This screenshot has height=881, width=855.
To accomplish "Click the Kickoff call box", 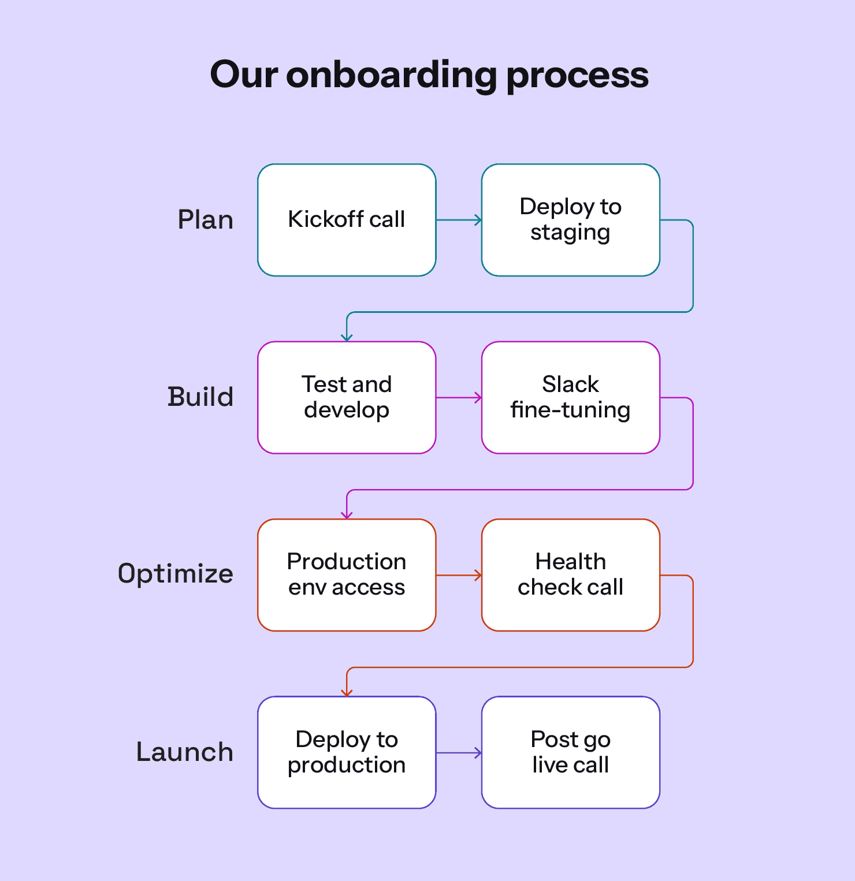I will pos(347,220).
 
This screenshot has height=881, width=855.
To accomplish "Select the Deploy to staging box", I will pos(570,220).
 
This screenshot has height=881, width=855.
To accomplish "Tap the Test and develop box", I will pos(347,397).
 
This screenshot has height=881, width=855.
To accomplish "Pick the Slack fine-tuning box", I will pos(570,397).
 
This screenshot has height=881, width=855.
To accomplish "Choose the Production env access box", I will pos(347,574).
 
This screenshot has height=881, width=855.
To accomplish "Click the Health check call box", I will pos(570,574).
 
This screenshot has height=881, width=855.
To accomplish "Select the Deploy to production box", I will pos(347,752).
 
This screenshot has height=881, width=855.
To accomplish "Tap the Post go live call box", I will pos(570,752).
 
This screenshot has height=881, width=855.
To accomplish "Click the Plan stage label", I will pos(205,220).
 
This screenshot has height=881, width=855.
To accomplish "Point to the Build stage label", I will pos(200,397).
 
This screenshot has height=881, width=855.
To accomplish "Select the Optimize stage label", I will pos(176,574).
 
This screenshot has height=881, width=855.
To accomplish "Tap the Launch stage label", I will pos(185,752).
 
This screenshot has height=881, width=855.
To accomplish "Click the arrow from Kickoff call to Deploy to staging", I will pos(459,220).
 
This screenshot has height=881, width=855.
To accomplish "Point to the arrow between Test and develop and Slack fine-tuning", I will pos(459,397).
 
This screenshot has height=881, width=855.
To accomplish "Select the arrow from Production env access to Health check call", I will pos(459,575).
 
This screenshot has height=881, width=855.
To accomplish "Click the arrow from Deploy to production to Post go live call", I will pos(459,753).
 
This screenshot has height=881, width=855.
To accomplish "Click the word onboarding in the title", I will pos(391,75).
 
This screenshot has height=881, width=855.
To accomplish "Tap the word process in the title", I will pos(577,76).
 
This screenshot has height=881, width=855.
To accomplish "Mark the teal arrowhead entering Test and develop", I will pos(347,337).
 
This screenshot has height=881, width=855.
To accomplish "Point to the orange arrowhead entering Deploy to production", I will pos(347,692).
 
